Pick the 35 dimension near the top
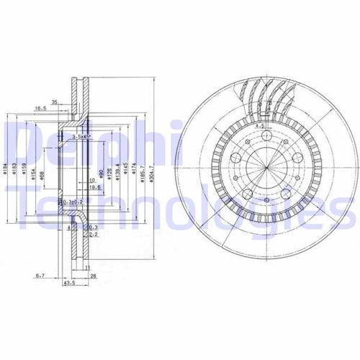coord(55,102)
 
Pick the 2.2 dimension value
coord(93,234)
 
